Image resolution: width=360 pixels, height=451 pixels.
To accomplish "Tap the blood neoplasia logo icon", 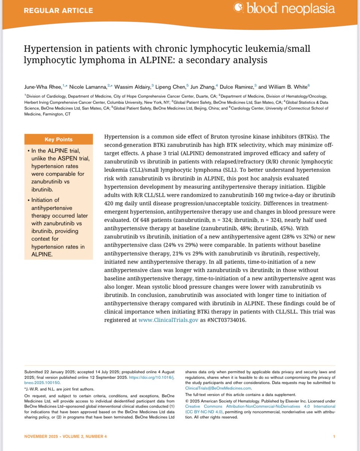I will point(239,8).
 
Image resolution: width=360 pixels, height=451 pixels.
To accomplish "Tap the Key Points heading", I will point(59,139).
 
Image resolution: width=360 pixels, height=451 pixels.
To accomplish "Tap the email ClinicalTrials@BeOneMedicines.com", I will point(218,388).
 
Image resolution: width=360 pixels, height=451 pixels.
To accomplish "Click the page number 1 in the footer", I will point(334,436).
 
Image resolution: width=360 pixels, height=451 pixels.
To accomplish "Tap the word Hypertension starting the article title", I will point(50,48).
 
